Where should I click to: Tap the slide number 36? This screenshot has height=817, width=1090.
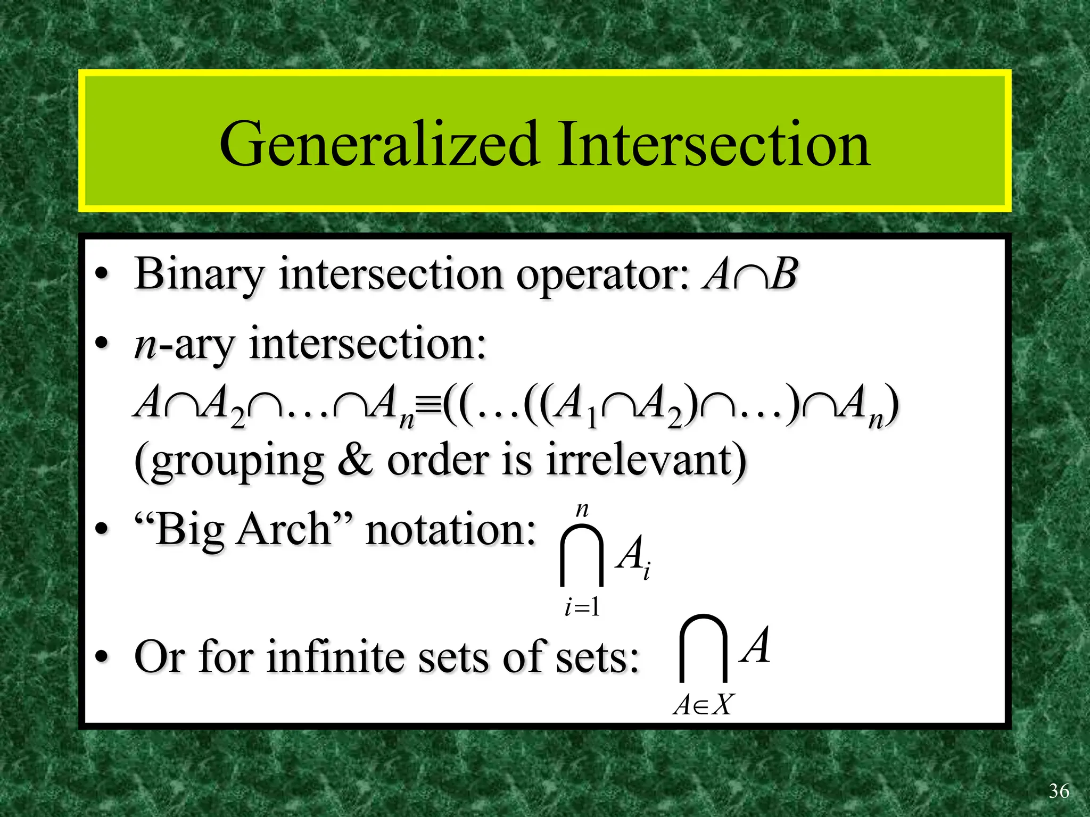point(1059,791)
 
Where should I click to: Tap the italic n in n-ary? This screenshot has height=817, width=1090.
point(145,346)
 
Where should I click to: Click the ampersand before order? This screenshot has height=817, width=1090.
point(354,460)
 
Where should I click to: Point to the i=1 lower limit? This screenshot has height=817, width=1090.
point(582,607)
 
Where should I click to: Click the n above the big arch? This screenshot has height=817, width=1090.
point(582,510)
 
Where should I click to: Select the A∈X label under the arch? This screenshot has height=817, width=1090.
point(703,705)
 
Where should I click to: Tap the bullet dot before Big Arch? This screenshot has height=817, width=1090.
point(101,529)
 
